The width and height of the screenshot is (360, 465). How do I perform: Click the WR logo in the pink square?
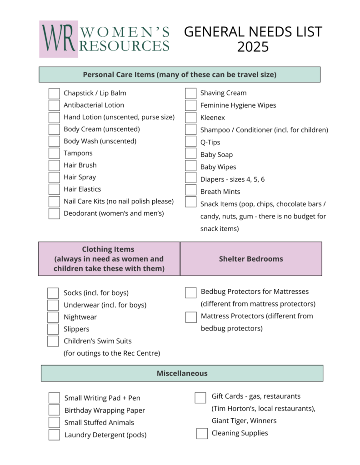point(58,39)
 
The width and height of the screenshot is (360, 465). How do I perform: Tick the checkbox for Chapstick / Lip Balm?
point(54,94)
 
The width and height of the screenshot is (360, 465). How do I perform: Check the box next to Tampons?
point(54,153)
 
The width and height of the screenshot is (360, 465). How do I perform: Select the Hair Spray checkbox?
point(54,178)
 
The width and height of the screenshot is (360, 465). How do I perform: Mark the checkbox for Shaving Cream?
point(191,93)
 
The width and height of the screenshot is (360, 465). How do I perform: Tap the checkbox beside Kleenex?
point(191,118)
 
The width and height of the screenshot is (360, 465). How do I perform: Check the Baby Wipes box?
point(191,167)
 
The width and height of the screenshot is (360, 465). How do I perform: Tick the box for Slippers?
point(53,329)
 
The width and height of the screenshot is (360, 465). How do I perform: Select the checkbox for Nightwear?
point(53,317)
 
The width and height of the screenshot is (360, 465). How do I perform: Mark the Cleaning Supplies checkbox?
point(202,434)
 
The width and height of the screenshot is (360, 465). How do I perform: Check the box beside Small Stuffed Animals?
point(54,423)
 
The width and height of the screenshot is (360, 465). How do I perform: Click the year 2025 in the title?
point(253,47)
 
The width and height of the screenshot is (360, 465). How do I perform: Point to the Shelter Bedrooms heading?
point(251,259)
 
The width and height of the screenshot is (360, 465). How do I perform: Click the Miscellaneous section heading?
point(182,373)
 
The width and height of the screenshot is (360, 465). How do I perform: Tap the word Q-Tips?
point(210,142)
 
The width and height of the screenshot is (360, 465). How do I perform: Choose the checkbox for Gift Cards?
point(200,398)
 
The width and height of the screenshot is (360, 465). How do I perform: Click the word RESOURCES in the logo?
point(125,45)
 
